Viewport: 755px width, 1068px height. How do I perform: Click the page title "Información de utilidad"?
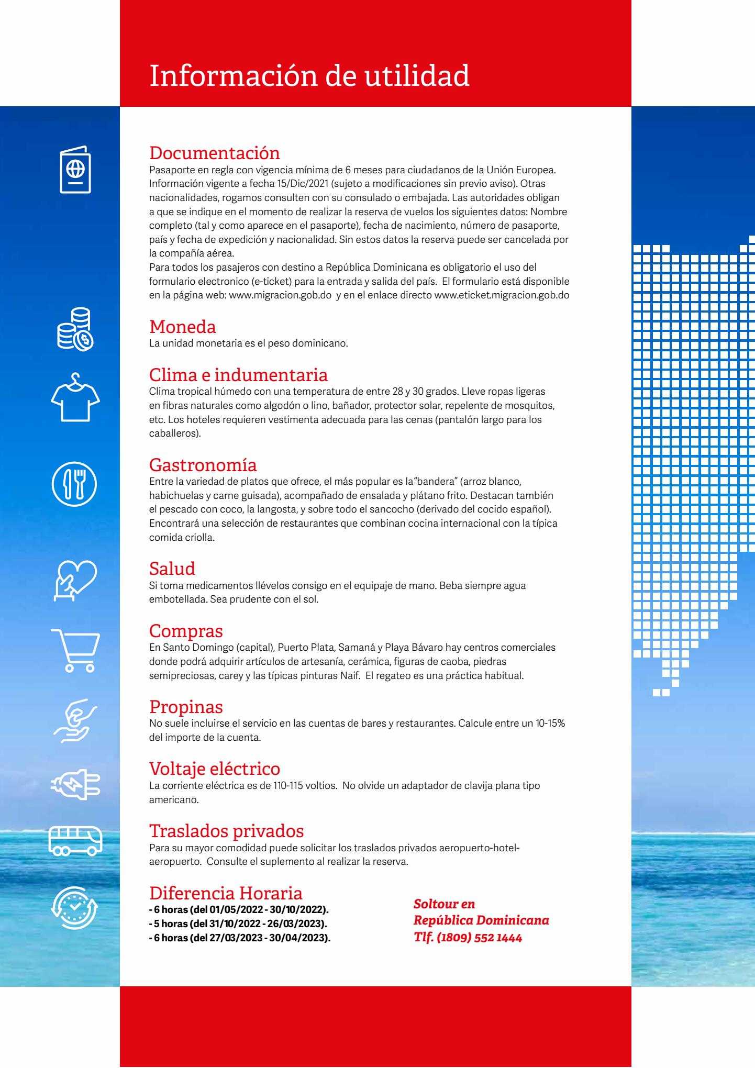coord(309,76)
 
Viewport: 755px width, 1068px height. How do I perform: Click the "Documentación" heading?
coord(215,153)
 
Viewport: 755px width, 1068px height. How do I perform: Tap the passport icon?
coord(75,170)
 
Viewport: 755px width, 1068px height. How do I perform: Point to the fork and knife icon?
coord(74,484)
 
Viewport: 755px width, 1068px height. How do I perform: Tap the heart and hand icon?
coord(75,580)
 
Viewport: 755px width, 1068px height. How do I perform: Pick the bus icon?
coord(75,841)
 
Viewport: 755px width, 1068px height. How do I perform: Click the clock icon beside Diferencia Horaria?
coord(75,907)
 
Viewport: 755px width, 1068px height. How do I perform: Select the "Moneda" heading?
coord(183,327)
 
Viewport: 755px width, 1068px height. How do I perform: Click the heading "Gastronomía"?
coord(203,465)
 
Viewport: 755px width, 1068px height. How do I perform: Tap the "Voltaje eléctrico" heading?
coord(215,769)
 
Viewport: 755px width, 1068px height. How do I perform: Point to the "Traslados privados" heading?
coord(227,831)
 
